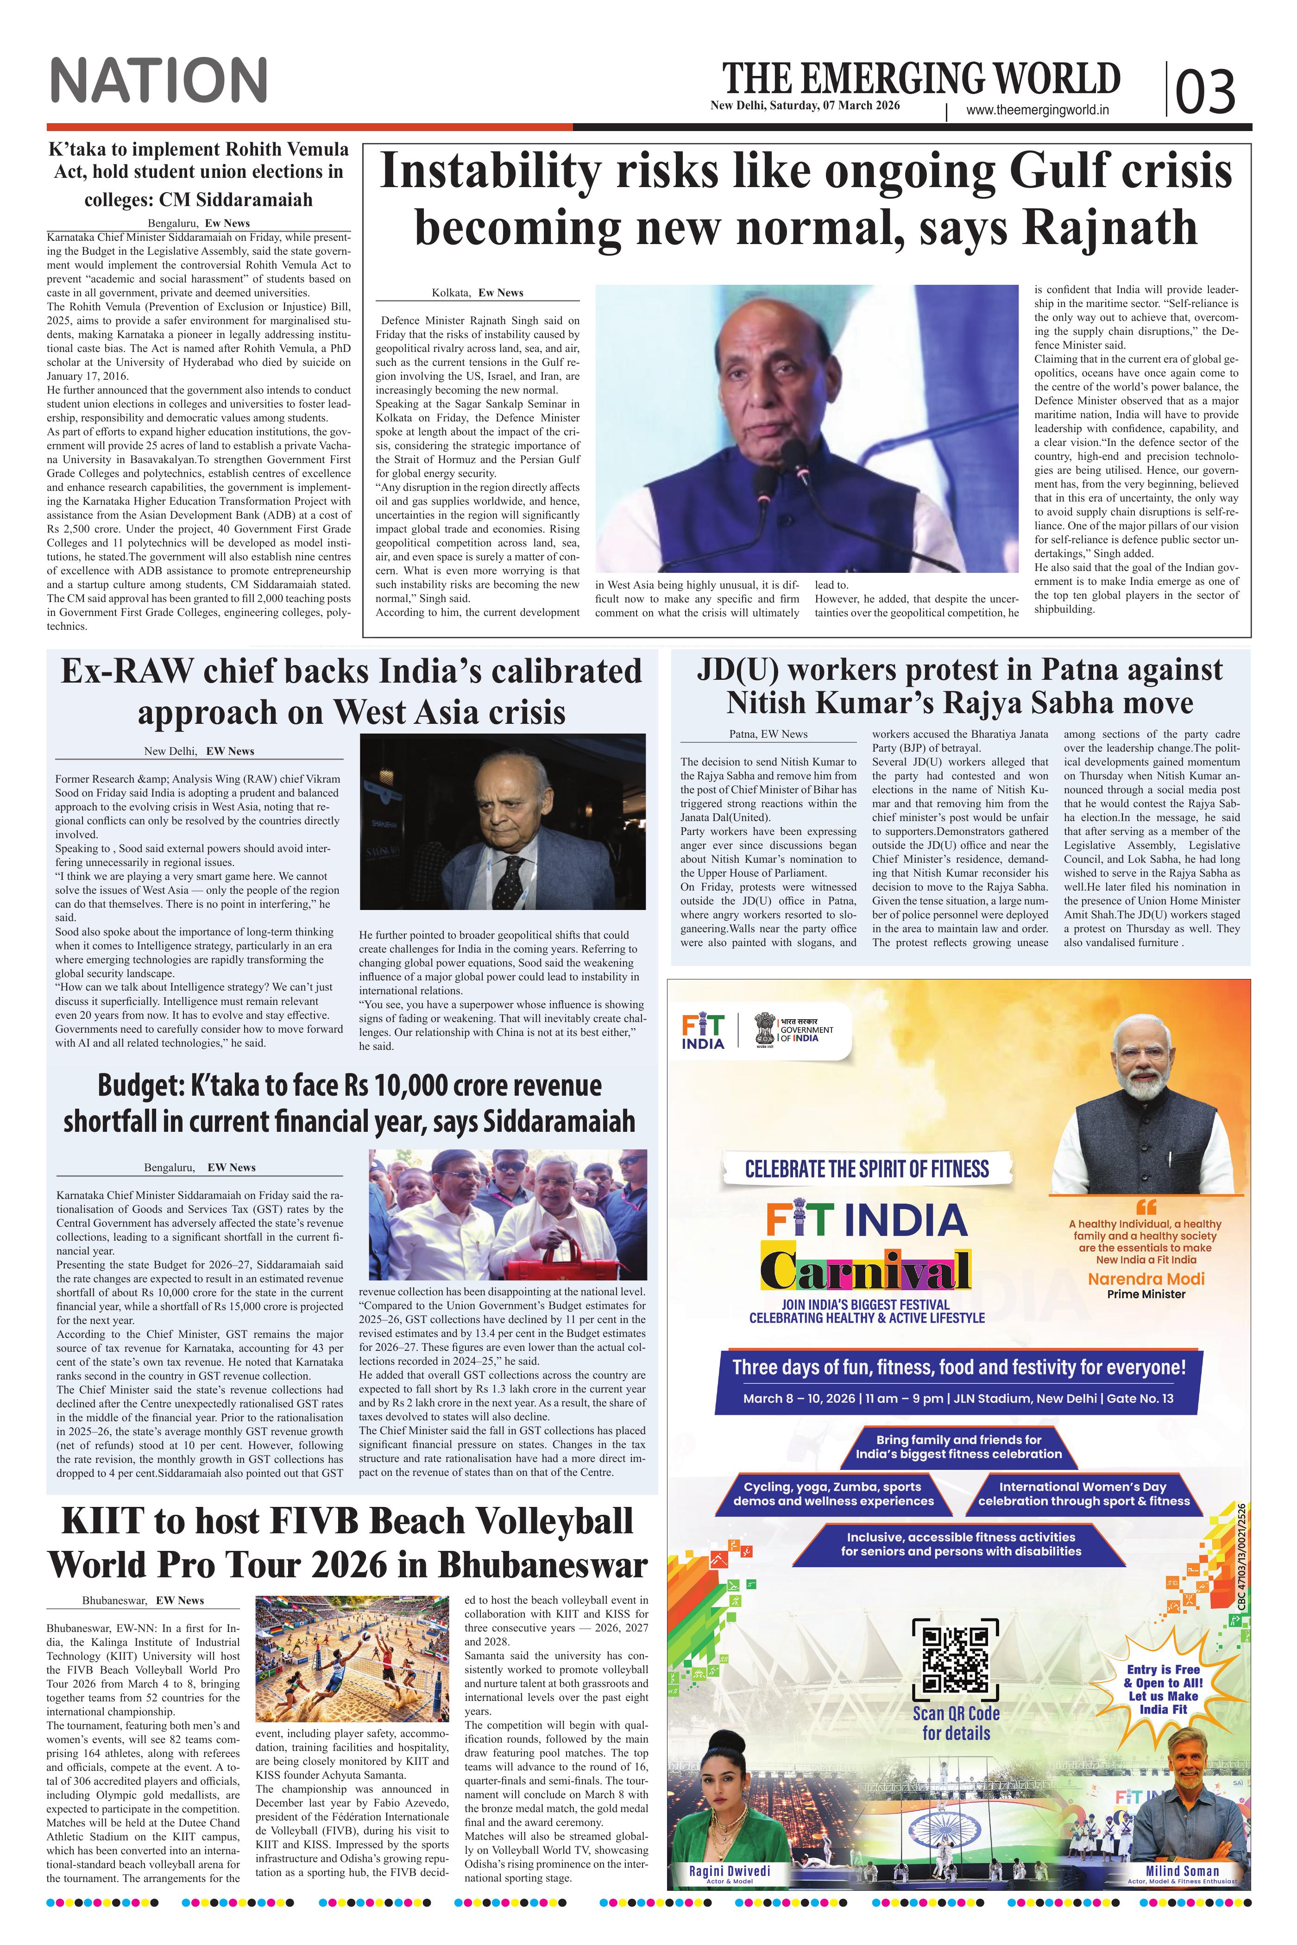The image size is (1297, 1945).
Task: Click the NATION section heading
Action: pyautogui.click(x=159, y=80)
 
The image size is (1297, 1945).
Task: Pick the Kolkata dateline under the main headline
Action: pyautogui.click(x=477, y=293)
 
